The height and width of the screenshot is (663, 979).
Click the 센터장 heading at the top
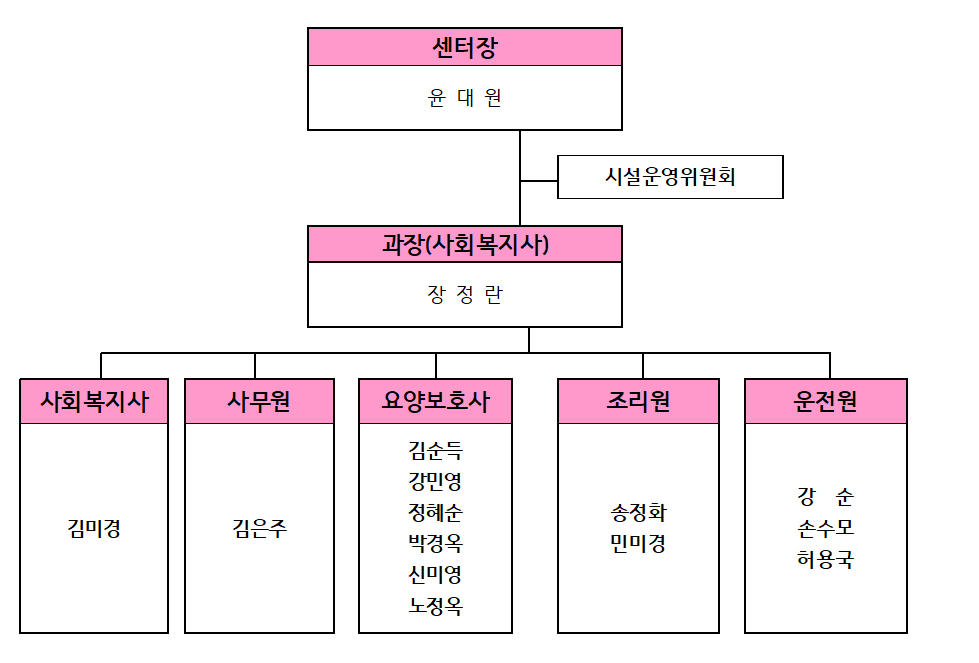click(465, 47)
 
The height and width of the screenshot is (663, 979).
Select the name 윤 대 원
click(465, 98)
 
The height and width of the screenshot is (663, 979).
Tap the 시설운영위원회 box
click(670, 177)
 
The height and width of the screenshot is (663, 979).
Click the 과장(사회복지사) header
click(465, 244)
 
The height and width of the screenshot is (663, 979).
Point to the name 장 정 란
click(465, 295)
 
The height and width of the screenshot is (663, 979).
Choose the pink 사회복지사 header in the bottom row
click(94, 401)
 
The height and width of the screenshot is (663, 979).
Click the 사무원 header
click(259, 401)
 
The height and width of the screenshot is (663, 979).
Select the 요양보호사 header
click(436, 401)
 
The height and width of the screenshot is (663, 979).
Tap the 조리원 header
click(638, 401)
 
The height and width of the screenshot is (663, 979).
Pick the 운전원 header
click(825, 401)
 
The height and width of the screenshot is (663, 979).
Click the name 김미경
click(94, 529)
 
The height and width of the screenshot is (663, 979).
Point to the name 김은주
click(259, 529)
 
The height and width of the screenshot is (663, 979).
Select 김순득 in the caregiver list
click(436, 450)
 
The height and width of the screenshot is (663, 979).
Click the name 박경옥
click(436, 543)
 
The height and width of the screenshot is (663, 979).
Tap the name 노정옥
click(436, 606)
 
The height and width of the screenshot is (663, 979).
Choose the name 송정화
click(638, 513)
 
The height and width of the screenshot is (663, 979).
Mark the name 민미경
click(638, 544)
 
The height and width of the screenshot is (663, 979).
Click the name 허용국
click(825, 559)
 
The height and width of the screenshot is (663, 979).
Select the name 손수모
click(825, 529)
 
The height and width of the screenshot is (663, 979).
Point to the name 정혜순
click(436, 513)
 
